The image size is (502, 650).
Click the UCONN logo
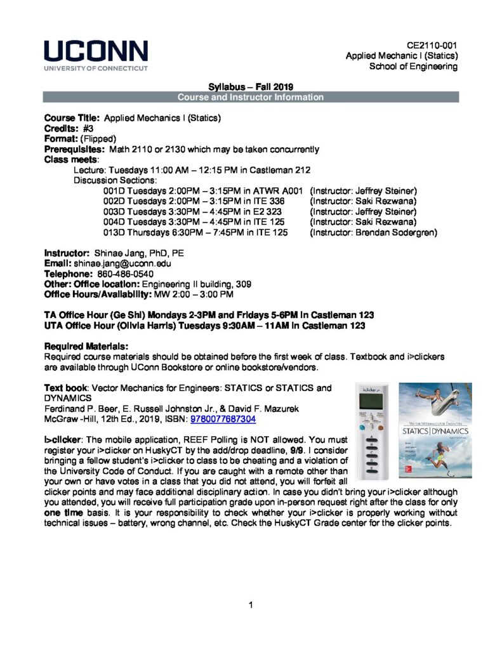96,55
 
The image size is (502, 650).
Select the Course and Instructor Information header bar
251,97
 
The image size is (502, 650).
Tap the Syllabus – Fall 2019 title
251,87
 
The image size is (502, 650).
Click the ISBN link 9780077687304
223,420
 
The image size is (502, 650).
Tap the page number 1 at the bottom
251,604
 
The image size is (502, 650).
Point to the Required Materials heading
86,347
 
